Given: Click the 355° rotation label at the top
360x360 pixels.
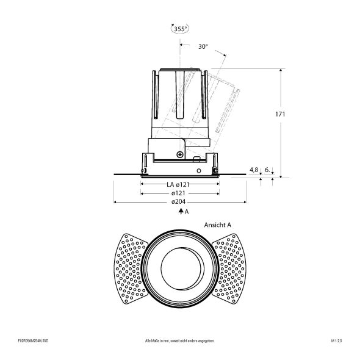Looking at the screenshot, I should (179, 28).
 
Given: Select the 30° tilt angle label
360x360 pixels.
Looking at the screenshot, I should (203, 46).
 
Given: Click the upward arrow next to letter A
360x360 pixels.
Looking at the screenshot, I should (180, 211).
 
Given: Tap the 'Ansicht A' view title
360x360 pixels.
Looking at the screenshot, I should (218, 225).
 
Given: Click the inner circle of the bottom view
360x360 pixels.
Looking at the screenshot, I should (180, 268).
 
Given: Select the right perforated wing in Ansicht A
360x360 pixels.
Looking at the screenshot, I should (231, 268).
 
